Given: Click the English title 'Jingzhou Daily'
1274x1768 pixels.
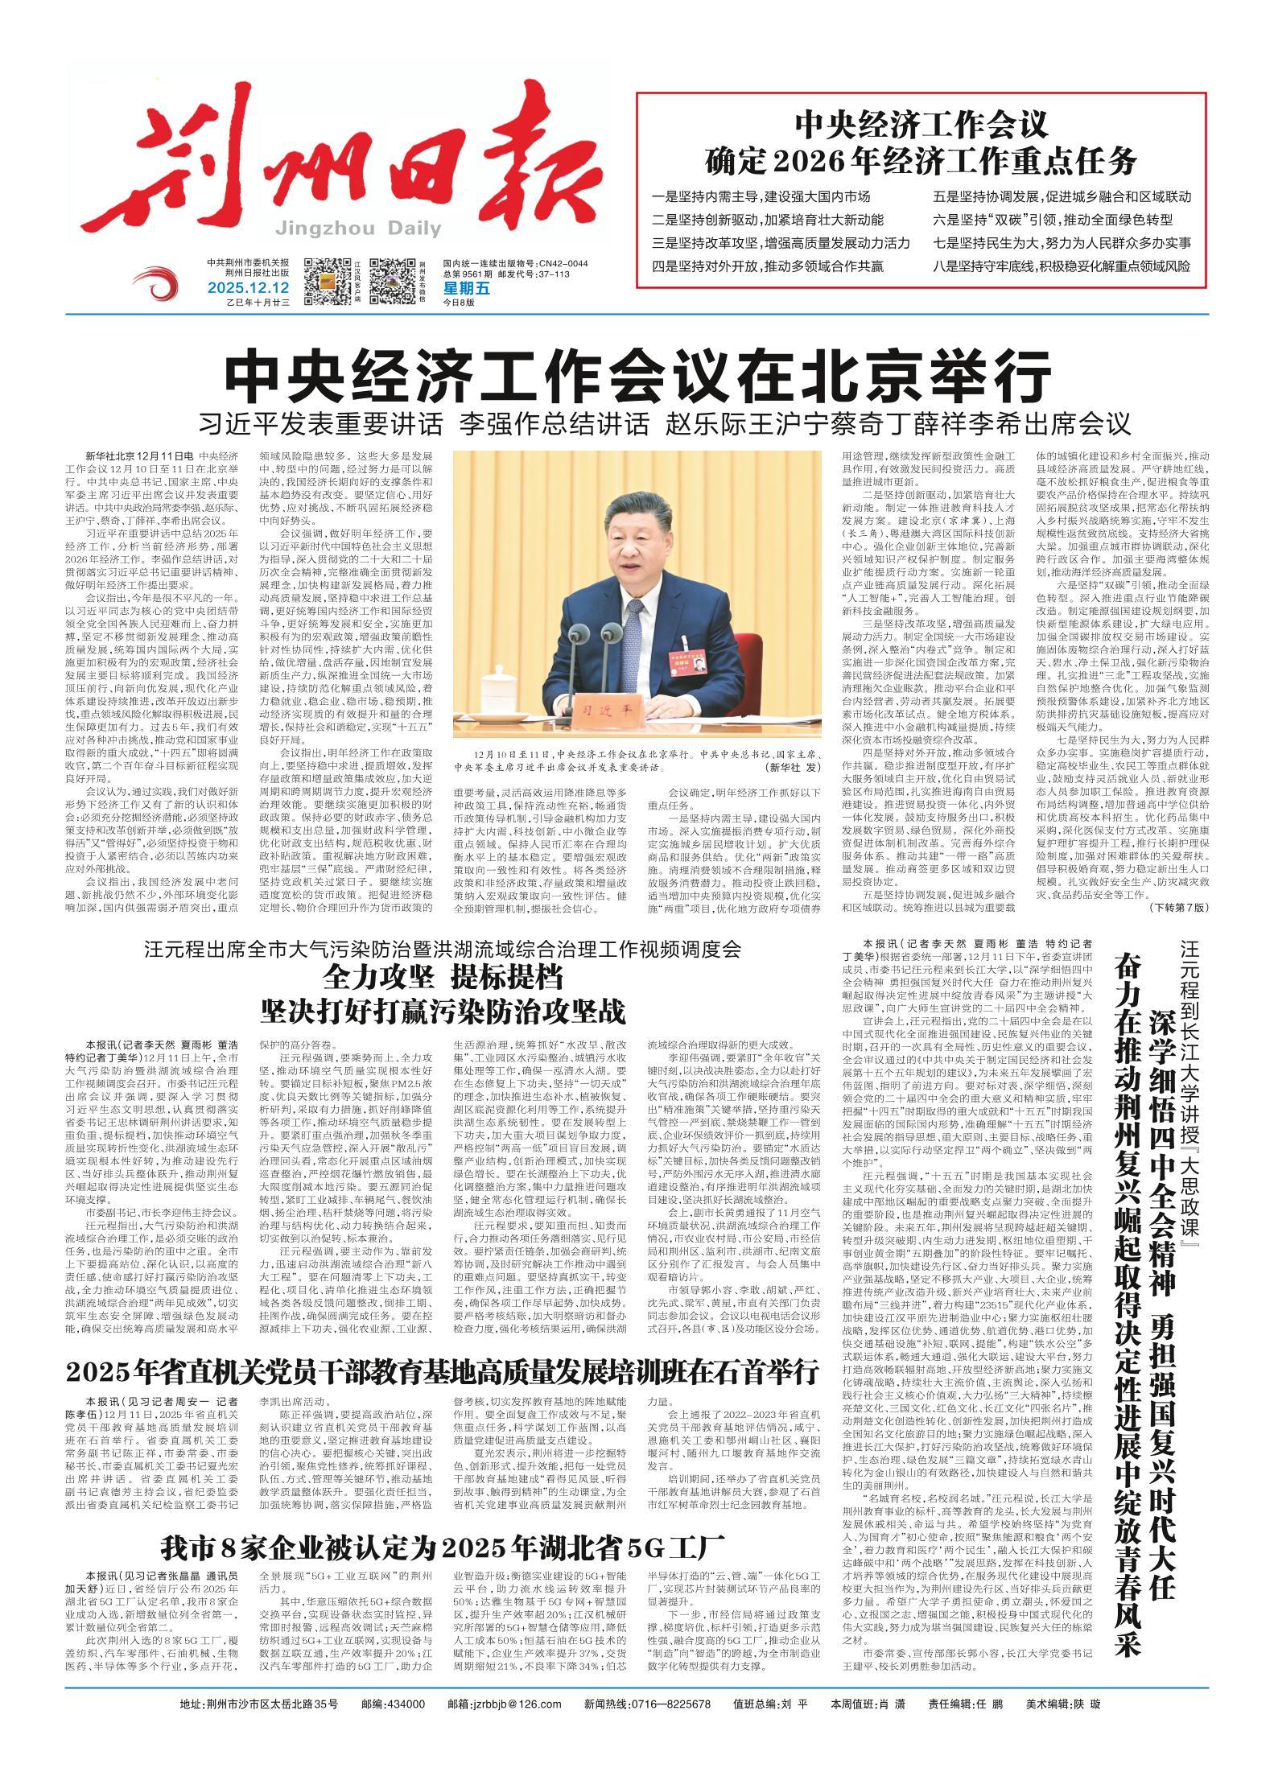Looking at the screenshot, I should coord(357,229).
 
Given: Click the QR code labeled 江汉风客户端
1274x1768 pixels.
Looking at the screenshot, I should coord(329,281).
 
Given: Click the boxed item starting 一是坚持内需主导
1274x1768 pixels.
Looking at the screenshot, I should coord(761,196).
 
